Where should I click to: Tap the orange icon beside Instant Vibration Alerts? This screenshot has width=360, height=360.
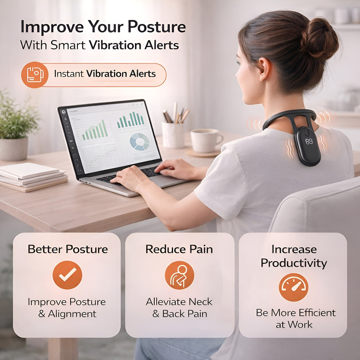coord(35,75)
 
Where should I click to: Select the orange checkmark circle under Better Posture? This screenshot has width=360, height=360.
coord(67,275)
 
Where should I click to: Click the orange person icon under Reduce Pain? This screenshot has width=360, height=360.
coord(179,275)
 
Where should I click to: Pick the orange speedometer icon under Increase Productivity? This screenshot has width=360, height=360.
coord(294,287)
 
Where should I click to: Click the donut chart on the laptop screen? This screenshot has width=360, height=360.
coord(140,142)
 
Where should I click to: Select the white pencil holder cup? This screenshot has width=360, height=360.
coord(173,134)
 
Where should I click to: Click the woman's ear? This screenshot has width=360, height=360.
coord(264,69)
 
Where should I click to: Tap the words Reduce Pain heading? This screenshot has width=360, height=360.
coord(179,249)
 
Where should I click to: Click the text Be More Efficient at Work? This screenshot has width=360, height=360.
coord(295,318)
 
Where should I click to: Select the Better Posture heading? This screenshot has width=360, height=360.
coord(67,249)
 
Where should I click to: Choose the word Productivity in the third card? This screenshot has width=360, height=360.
coord(294,263)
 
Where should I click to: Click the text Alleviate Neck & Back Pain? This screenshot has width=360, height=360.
coord(179,308)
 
